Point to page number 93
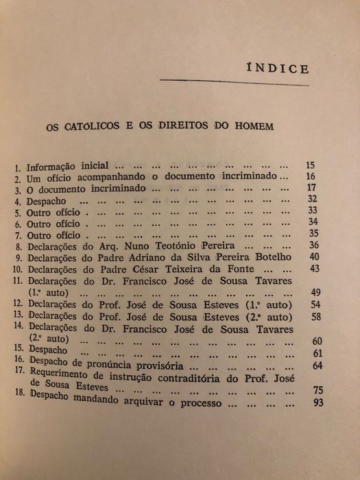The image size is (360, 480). [317, 403]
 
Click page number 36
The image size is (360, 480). [315, 245]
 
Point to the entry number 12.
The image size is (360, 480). [16, 304]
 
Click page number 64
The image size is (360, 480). [317, 365]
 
